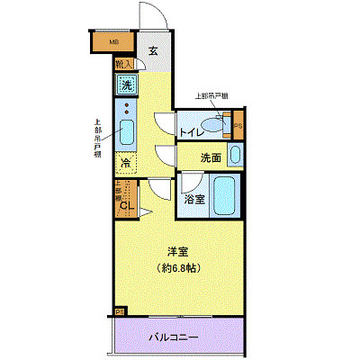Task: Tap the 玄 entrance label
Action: point(153,51)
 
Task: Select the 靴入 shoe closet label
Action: point(123,64)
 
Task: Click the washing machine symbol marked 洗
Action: point(127,85)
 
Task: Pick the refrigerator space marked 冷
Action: point(126,164)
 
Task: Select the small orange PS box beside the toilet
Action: point(238,125)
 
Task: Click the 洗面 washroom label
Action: point(211,158)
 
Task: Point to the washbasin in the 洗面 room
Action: point(235,155)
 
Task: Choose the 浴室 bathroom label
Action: point(194,200)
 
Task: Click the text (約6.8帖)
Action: point(179,269)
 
